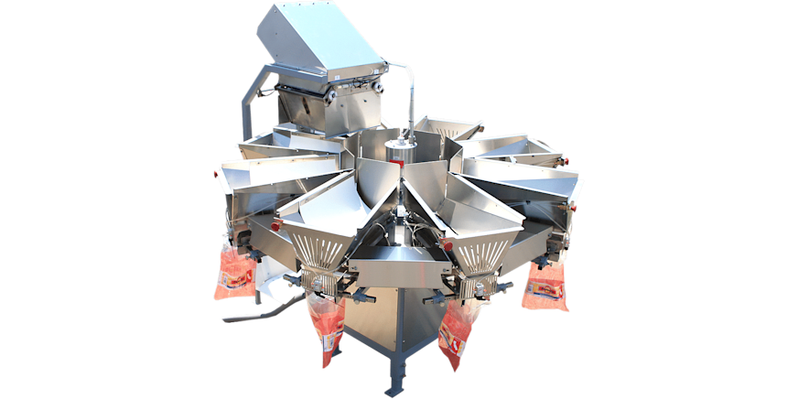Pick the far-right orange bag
pos(545,286)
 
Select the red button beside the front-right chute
pos(446,244)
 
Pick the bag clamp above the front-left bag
pos(317,284)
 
